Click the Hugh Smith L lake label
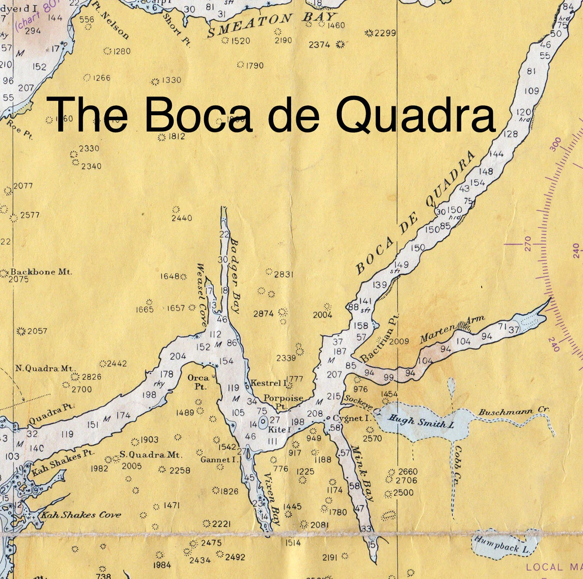tap(421, 421)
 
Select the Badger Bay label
tap(234, 276)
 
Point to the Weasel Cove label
tap(202, 295)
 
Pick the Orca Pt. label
tap(198, 382)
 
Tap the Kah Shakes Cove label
tap(81, 515)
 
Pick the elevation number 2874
tap(264, 314)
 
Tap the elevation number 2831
tap(283, 274)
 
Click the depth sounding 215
tap(334, 397)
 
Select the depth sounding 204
tap(178, 356)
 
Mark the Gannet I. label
tap(218, 460)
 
